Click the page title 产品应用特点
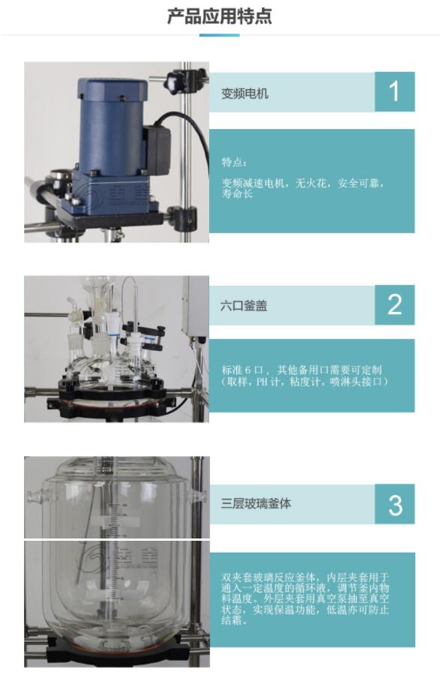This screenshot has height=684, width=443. click(220, 16)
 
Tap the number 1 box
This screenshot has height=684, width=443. click(394, 91)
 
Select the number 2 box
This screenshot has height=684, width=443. click(394, 305)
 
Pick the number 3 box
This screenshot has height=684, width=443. click(394, 504)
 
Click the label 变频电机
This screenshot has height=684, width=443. click(244, 94)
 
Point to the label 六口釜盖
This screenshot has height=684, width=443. click(244, 306)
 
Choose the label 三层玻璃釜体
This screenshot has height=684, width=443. click(256, 504)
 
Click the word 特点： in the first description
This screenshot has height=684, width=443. click(234, 163)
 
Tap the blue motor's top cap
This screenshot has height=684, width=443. click(112, 88)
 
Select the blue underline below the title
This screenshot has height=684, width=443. click(220, 35)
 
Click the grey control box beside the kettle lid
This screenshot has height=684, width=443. click(196, 310)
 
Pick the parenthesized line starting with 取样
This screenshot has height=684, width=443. click(304, 382)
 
